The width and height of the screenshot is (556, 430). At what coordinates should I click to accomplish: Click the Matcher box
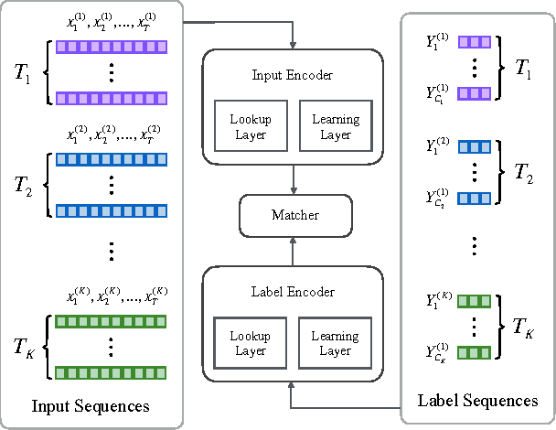[295, 215]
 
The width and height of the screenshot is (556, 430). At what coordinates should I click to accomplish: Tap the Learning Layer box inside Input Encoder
[336, 126]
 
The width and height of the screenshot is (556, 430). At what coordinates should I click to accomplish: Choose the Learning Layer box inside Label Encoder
[336, 343]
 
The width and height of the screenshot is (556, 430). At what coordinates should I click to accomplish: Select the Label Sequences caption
[477, 401]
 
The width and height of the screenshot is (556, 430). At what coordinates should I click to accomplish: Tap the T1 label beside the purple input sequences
[21, 72]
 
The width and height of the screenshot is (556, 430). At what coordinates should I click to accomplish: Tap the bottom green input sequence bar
[112, 372]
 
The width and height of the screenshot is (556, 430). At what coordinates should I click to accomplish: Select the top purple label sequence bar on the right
[475, 41]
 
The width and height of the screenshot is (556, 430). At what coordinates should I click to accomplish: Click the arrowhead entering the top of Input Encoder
[293, 46]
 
